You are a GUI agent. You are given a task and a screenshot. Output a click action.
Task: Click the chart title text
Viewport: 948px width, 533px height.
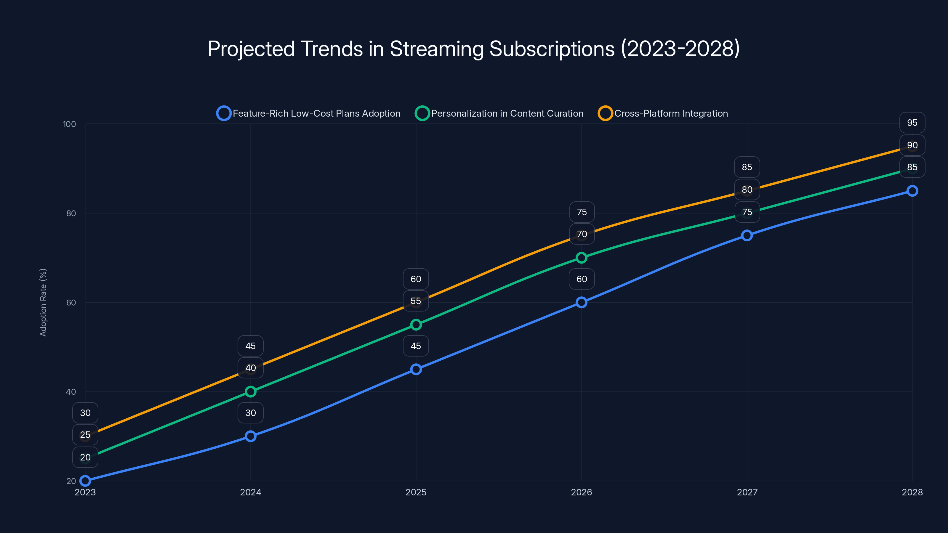click(x=474, y=49)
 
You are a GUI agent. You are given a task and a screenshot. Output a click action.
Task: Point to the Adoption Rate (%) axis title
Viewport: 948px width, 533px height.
click(x=43, y=302)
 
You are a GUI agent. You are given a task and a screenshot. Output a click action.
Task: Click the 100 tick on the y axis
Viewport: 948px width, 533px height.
click(x=69, y=124)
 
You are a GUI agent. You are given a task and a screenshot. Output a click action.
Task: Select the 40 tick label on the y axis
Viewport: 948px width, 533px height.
click(x=71, y=392)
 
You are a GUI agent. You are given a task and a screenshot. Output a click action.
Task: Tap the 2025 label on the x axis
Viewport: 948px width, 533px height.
click(x=416, y=492)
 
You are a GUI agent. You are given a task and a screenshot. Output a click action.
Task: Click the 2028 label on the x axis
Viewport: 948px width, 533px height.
click(x=912, y=492)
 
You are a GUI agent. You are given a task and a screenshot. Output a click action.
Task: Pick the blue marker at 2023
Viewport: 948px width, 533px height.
click(x=85, y=481)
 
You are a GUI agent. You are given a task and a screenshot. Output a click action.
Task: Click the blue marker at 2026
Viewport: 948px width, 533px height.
click(x=582, y=302)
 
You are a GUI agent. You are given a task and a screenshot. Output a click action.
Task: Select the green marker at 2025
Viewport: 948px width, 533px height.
click(x=416, y=325)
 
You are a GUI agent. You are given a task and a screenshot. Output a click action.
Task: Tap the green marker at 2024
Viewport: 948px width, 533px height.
click(x=251, y=392)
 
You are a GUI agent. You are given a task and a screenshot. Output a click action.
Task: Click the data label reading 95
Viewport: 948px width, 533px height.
click(x=912, y=123)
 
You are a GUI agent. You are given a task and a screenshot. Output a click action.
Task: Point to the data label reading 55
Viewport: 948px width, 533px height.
click(x=416, y=301)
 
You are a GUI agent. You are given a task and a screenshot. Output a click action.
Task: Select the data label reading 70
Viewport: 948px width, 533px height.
click(x=582, y=234)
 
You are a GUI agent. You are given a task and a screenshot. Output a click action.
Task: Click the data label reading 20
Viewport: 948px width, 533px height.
click(x=85, y=457)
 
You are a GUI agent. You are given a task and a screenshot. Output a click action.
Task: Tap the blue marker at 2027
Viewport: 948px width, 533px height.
click(x=747, y=235)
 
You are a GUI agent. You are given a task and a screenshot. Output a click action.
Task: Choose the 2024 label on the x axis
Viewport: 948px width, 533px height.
click(x=251, y=492)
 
